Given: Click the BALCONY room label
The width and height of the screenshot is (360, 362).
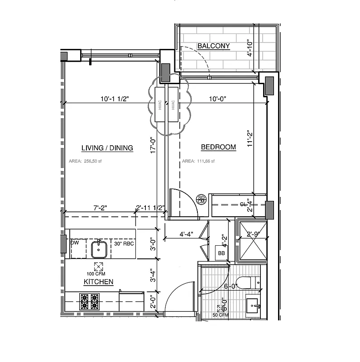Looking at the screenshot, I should [214, 46].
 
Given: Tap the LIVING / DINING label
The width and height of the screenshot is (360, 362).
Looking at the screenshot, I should [107, 148].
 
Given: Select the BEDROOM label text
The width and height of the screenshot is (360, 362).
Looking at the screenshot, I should [218, 147].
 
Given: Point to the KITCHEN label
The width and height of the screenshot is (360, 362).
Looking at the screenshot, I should [98, 282].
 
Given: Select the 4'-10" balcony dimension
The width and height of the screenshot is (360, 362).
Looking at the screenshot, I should [249, 48].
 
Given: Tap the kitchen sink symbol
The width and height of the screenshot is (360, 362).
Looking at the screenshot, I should [98, 248].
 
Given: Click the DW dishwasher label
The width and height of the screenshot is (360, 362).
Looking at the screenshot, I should [75, 243].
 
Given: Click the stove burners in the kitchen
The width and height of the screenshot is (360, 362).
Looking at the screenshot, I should [89, 302].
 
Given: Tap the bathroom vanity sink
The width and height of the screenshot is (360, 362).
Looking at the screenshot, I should [253, 306].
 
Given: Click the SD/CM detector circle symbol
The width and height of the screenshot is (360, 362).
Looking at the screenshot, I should [201, 199].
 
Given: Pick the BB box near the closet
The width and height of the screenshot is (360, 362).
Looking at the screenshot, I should [222, 253].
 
